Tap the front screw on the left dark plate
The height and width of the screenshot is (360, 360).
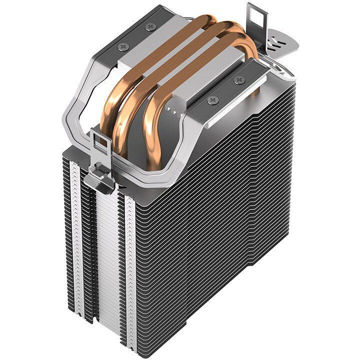tap(123, 46)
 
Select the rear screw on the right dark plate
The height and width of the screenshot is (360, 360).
tap(239, 79)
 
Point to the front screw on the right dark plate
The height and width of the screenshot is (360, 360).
tap(213, 100)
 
